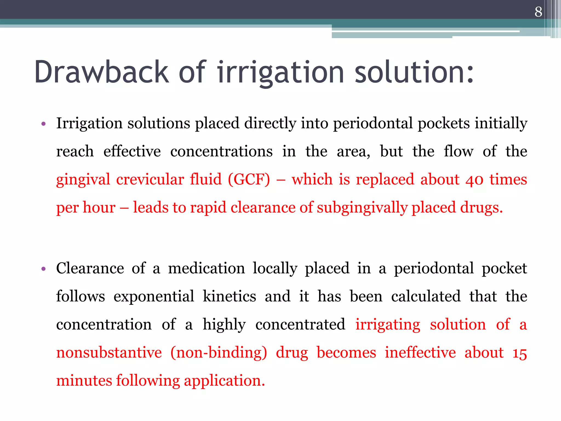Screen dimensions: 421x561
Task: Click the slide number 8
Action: (538, 12)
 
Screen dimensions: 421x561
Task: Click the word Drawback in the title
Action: (101, 72)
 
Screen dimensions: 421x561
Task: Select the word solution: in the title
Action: (414, 72)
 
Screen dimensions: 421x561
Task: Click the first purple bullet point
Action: (43, 124)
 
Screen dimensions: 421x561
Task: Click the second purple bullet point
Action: (43, 269)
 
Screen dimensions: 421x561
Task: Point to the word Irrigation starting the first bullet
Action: (89, 123)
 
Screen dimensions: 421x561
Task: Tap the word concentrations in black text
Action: (221, 151)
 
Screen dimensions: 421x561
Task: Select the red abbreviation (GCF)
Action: (249, 180)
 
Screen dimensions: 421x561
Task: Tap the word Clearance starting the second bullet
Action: (90, 268)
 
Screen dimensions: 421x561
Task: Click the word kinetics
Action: (229, 296)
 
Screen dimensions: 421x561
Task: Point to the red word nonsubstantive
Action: (109, 352)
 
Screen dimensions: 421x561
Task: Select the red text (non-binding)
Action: (219, 352)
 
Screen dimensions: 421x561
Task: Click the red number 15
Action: (519, 353)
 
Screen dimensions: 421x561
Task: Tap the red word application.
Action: (224, 381)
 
